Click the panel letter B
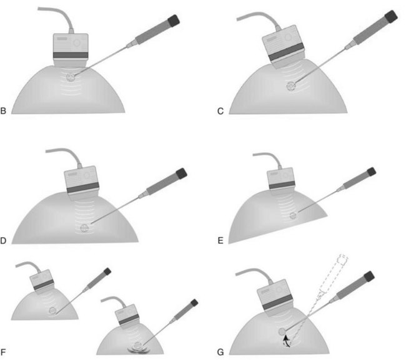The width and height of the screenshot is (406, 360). click(3, 110)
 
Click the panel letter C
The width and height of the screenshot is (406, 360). click(220, 111)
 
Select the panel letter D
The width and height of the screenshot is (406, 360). click(3, 240)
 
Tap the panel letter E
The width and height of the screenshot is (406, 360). click(220, 240)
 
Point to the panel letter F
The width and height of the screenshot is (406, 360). click(3, 352)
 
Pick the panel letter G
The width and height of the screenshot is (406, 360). click(220, 352)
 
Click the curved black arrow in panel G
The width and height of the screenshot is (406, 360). click(286, 340)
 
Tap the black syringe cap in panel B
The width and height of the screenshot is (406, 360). click(174, 21)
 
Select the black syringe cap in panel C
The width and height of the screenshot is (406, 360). click(391, 16)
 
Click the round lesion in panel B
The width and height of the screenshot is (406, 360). click(71, 77)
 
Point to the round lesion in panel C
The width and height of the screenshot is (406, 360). click(291, 86)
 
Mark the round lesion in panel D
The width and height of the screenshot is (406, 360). click(84, 228)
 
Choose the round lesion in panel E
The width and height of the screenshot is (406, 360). click(293, 215)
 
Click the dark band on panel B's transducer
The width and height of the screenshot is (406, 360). click(71, 55)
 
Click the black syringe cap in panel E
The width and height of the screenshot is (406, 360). click(371, 172)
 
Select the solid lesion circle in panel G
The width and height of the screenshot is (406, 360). click(282, 331)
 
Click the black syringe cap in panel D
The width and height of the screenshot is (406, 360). click(182, 173)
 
